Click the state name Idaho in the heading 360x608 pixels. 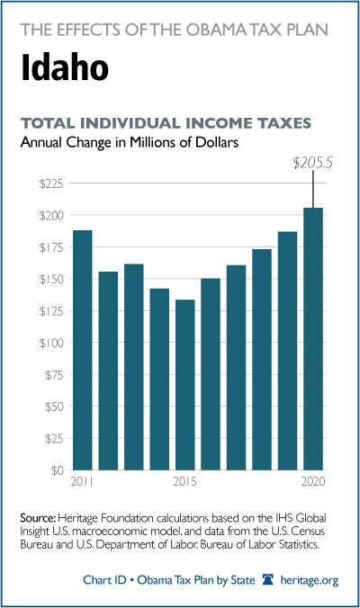65,67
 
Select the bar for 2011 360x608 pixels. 83,350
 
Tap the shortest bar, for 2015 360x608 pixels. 185,385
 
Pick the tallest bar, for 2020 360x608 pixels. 313,339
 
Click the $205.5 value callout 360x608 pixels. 312,164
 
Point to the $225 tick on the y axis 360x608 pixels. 51,183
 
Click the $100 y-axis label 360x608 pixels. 51,343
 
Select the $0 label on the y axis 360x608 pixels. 55,470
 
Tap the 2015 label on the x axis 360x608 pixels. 185,481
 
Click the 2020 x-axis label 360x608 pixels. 313,481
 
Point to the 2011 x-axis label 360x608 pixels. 82,481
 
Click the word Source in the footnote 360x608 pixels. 39,518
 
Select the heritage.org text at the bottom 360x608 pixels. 310,580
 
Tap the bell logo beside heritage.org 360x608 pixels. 268,580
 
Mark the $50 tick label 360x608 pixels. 54,407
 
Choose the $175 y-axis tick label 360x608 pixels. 51,247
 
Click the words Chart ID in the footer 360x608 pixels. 104,580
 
